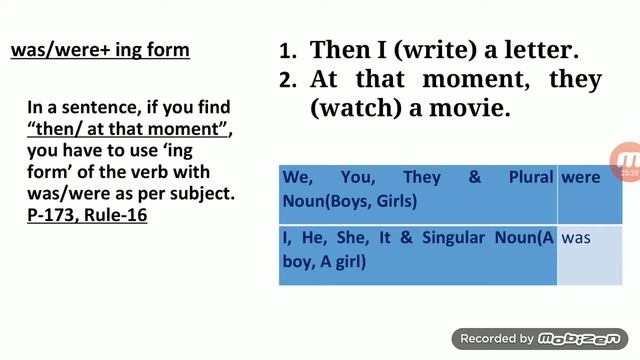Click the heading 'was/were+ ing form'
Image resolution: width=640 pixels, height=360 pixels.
(99, 49)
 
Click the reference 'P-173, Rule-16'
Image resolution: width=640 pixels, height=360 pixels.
(87, 214)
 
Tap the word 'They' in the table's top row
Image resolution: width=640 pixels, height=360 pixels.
(422, 178)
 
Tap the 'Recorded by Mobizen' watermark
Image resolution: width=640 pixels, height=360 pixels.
(541, 338)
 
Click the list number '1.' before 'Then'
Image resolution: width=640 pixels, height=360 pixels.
(290, 50)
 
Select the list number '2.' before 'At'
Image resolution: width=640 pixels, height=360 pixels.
(290, 79)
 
